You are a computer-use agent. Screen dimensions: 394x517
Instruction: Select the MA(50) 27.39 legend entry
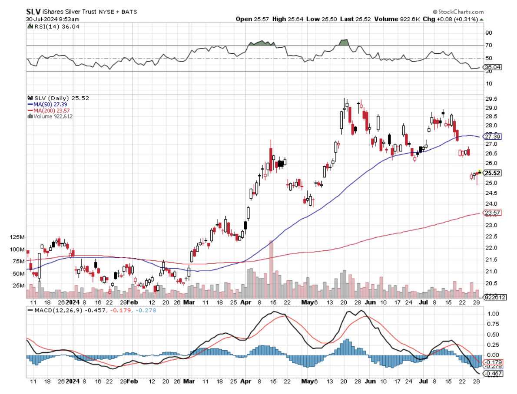pos(47,105)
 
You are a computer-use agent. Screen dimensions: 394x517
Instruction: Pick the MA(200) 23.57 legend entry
pos(49,110)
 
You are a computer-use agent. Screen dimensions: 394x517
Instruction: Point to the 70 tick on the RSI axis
pos(488,45)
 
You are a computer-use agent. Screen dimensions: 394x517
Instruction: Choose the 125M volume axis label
pos(17,237)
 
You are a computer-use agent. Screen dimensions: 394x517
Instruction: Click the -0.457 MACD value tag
pos(494,374)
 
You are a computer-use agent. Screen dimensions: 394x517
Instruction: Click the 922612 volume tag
pos(494,297)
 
